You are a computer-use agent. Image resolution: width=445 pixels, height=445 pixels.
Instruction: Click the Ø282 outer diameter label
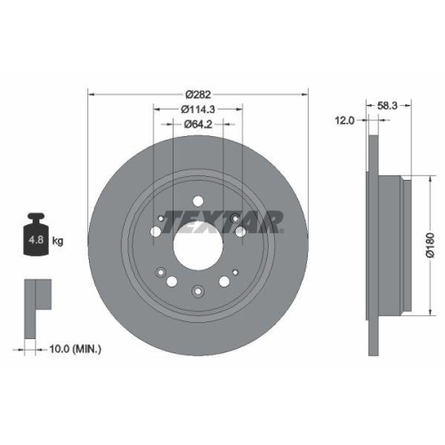point(198,93)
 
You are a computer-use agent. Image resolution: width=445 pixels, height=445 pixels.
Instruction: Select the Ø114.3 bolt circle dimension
point(198,109)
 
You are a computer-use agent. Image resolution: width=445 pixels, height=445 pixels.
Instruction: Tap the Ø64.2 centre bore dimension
point(198,125)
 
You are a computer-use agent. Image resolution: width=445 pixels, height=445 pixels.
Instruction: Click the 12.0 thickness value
point(344,118)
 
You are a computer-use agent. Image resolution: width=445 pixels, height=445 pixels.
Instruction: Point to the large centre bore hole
point(198,241)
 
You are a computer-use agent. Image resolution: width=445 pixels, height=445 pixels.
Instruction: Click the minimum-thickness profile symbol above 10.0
point(35,295)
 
